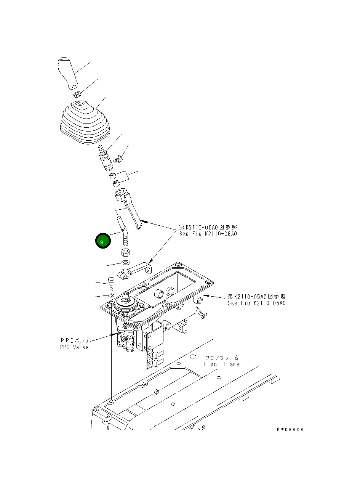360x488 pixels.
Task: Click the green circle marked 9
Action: (102, 241)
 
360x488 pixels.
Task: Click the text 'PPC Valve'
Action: (74, 347)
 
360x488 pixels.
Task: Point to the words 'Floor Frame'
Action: (222, 364)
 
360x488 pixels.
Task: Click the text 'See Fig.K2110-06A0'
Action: (208, 234)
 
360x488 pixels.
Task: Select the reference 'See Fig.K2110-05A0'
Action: (257, 303)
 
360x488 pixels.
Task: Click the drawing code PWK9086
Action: (290, 429)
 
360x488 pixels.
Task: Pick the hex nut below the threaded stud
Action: (125, 252)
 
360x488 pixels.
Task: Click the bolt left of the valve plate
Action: (111, 283)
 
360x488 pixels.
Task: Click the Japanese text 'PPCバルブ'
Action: (75, 340)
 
